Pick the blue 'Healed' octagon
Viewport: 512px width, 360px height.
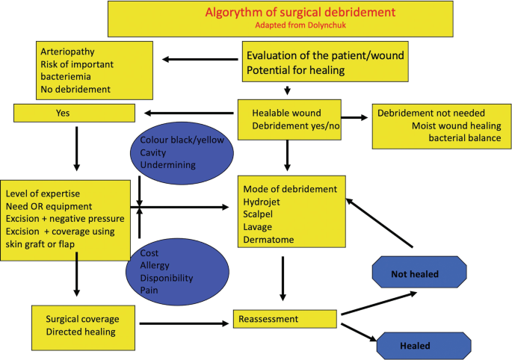point(415,345)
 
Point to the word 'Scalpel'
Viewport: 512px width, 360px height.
point(259,214)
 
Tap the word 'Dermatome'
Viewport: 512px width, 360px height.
point(267,239)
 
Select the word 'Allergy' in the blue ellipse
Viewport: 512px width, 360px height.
point(156,265)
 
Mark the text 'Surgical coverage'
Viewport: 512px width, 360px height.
point(81,318)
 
